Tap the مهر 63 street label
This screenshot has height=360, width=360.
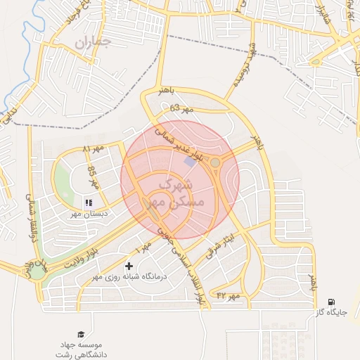180,109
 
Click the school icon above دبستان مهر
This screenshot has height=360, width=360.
88,202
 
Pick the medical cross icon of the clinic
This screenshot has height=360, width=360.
129,266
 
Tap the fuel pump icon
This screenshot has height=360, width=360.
331,302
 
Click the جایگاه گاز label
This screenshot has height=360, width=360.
337,311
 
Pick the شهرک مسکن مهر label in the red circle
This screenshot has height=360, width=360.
181,193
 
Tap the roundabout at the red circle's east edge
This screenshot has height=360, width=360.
215,163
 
